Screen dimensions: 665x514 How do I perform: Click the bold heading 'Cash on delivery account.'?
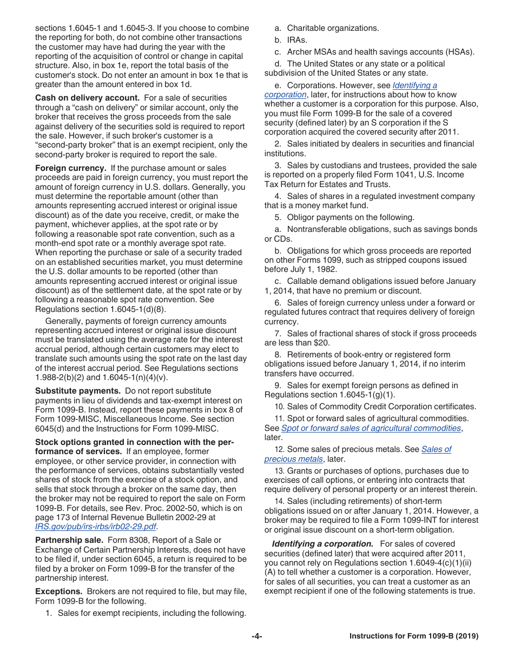click(87, 98)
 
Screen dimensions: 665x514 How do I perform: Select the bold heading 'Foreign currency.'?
click(70, 168)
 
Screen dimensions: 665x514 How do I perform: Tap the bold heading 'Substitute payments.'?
click(78, 390)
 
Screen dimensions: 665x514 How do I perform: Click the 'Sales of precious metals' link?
click(358, 454)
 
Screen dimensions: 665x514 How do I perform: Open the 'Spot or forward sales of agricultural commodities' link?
click(371, 428)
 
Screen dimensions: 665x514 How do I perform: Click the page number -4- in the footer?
click(257, 636)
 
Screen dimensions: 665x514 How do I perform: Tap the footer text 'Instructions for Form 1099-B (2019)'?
click(414, 636)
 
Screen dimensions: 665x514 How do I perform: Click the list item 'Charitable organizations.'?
click(333, 28)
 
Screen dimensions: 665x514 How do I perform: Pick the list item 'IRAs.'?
click(297, 40)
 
